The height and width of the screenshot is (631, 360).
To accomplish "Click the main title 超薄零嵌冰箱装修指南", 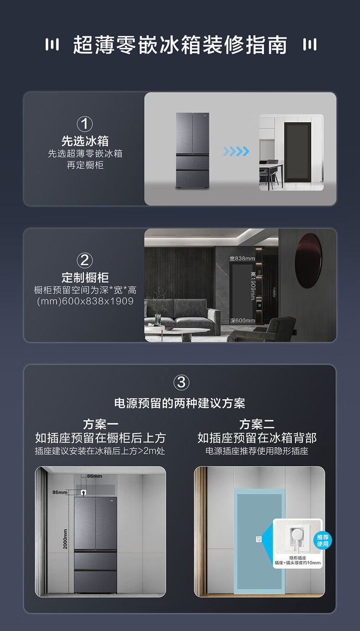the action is [x=180, y=45].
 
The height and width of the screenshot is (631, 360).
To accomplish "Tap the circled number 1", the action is [x=85, y=124].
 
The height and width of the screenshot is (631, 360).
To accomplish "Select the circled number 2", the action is [x=85, y=260].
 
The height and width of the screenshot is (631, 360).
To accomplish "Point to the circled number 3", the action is [x=181, y=382].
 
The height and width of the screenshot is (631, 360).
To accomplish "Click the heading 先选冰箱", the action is [x=85, y=141].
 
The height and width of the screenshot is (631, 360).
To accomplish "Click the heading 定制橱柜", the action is [x=85, y=278].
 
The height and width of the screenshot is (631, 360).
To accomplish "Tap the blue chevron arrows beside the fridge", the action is [x=236, y=151].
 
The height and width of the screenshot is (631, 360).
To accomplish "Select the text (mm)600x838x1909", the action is [x=85, y=301].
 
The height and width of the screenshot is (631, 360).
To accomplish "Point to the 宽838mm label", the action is [x=242, y=259].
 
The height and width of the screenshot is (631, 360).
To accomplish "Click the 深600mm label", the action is [x=242, y=321].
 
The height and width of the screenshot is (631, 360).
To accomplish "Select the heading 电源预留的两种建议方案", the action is [x=180, y=403].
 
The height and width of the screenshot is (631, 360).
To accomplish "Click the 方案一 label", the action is [x=101, y=424].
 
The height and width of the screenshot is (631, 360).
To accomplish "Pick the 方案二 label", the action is [x=257, y=424].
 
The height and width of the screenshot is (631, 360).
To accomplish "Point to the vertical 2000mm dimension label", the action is [x=65, y=539].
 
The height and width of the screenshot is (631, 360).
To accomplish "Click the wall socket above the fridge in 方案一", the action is [x=83, y=492].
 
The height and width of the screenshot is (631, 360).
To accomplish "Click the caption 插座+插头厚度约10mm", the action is [x=298, y=563].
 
